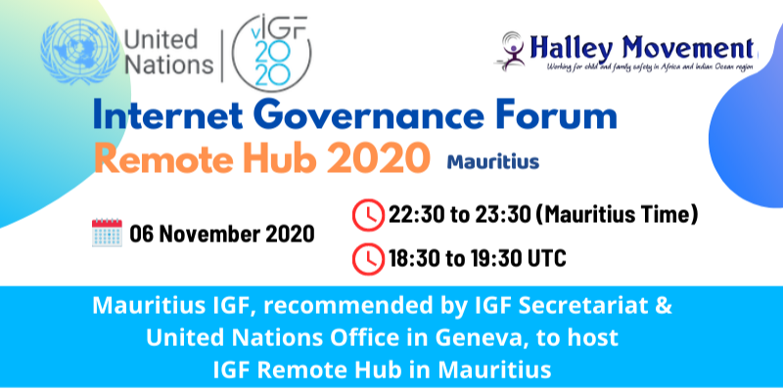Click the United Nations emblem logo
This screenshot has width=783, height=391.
coord(80,52)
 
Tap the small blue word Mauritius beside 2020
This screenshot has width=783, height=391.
coord(493,161)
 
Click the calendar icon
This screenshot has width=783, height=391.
coord(107,233)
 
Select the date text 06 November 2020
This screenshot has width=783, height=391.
coord(222,234)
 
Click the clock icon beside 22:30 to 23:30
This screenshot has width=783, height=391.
coord(369,215)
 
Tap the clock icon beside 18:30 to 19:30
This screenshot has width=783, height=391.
coord(369,259)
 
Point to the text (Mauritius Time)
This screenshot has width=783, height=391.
coord(620,215)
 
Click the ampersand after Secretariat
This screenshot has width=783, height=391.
coord(663,306)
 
